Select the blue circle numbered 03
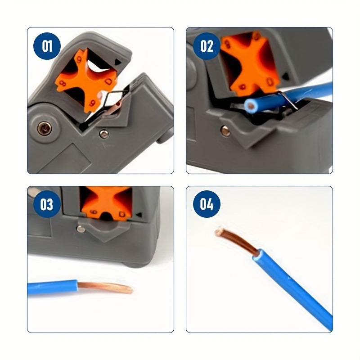click(47, 204)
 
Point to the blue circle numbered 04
click(207, 204)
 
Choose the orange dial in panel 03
click(106, 202)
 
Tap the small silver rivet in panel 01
click(104, 133)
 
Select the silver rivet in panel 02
click(225, 130)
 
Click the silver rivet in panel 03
click(80, 229)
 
